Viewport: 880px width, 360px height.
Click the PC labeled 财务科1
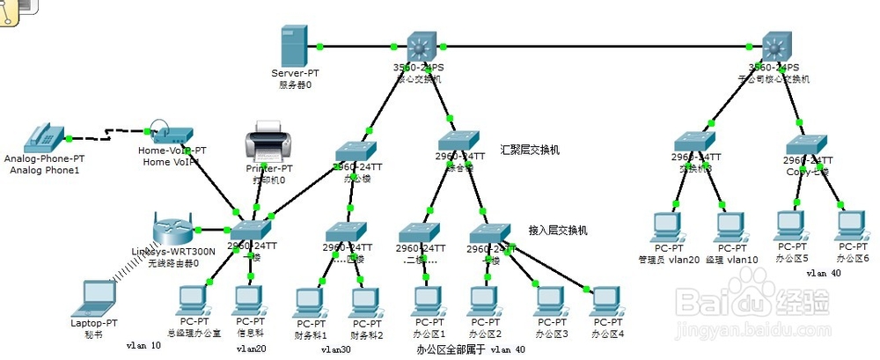coord(311,303)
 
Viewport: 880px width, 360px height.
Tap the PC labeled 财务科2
coord(366,303)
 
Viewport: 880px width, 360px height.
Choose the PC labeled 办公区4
coord(607,302)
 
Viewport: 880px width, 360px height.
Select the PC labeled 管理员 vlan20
coord(667,228)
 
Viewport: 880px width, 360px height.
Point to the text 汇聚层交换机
coord(529,150)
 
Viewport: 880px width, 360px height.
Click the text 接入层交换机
coord(558,229)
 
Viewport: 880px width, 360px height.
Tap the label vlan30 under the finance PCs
coord(335,349)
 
